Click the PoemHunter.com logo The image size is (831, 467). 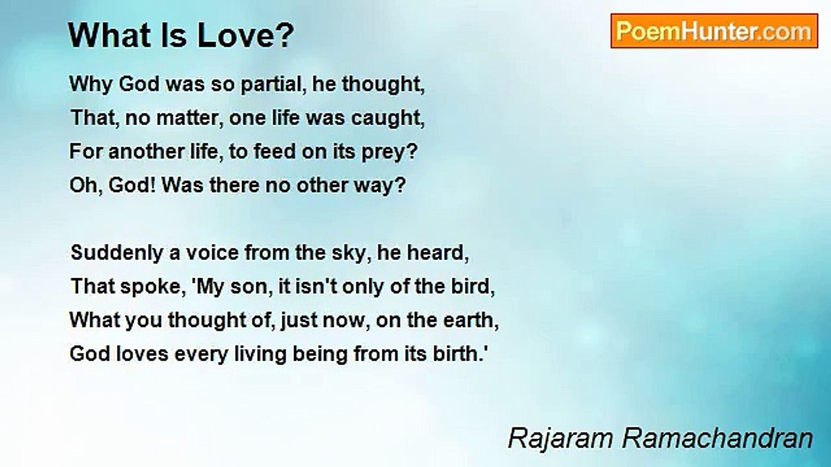(714, 31)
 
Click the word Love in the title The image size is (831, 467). (245, 36)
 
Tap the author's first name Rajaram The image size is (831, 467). (560, 438)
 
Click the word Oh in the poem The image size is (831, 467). (81, 186)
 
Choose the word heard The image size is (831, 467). (438, 253)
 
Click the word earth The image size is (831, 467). (471, 320)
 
